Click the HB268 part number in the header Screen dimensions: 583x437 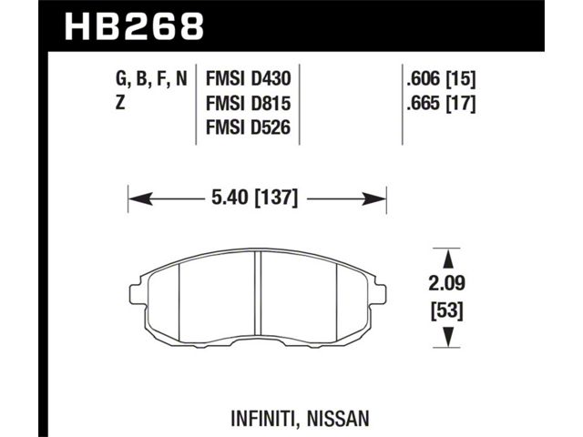point(134,26)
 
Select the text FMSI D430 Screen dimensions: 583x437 point(248,79)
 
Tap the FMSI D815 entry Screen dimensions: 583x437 point(248,103)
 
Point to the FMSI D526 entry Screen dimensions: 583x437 point(248,127)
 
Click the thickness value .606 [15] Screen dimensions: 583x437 point(441,79)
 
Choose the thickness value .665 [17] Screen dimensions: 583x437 point(441,104)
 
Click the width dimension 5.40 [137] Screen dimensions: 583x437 point(255,198)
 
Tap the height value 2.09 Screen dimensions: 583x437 point(447,284)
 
